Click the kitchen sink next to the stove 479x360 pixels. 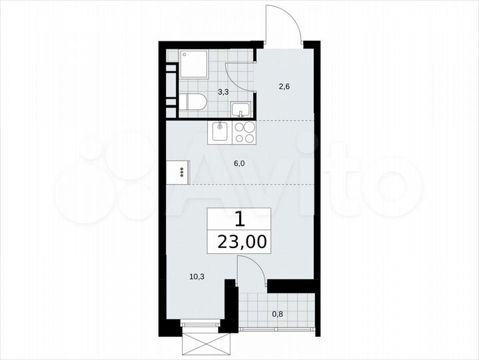pyautogui.click(x=221, y=131)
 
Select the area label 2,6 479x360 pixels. pyautogui.click(x=284, y=85)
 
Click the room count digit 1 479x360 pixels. pyautogui.click(x=239, y=219)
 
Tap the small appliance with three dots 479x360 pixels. pyautogui.click(x=180, y=171)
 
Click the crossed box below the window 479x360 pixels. pyautogui.click(x=206, y=345)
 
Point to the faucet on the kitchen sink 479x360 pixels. pyautogui.click(x=219, y=124)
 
